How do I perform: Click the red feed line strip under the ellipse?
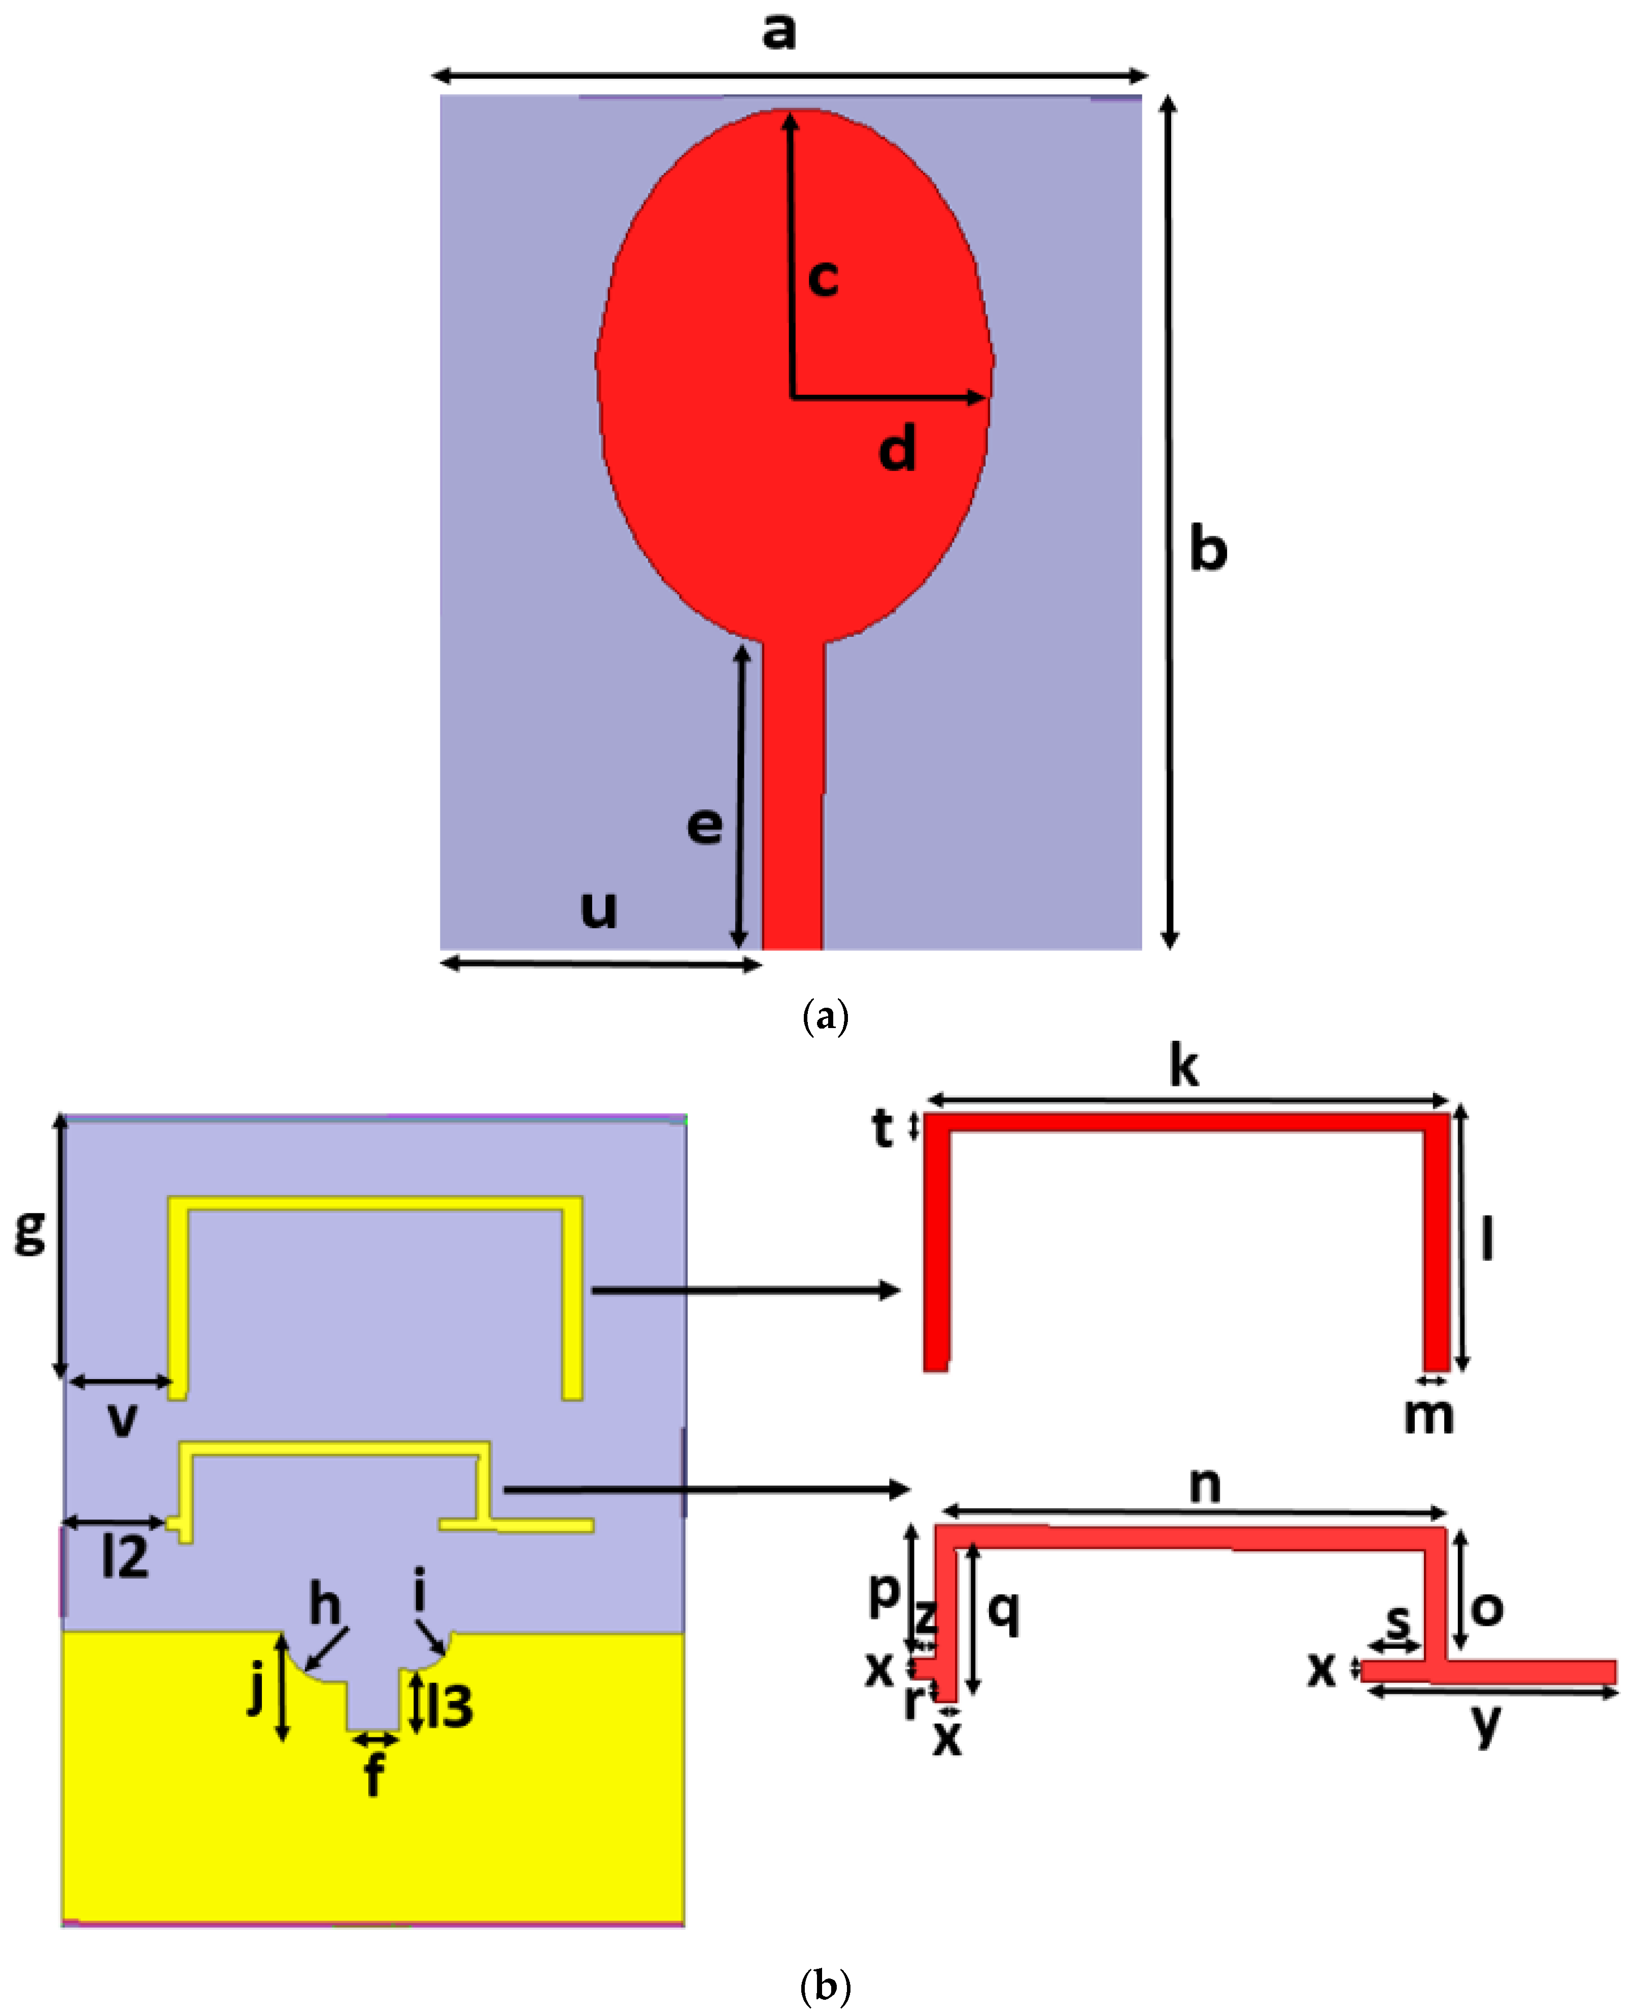click(793, 801)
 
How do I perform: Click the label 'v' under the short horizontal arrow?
click(122, 1419)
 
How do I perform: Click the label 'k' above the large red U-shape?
click(1184, 1068)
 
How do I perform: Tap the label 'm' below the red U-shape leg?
click(1428, 1416)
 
